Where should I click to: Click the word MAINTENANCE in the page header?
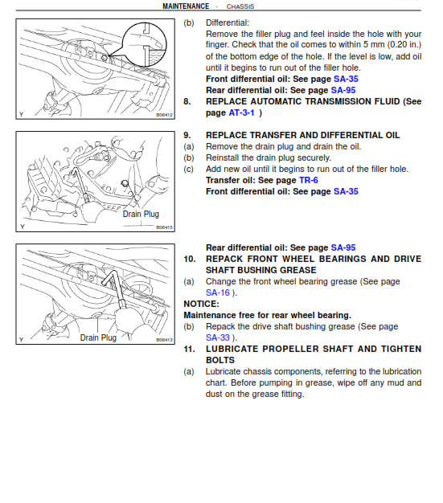186,6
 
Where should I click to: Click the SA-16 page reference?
217,293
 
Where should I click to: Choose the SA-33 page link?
217,338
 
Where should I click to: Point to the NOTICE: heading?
201,305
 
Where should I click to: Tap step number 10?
189,260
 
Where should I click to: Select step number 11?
189,350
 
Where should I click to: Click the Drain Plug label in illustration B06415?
141,215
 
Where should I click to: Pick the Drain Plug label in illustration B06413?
98,338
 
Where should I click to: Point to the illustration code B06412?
165,116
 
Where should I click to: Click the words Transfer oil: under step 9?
231,181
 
